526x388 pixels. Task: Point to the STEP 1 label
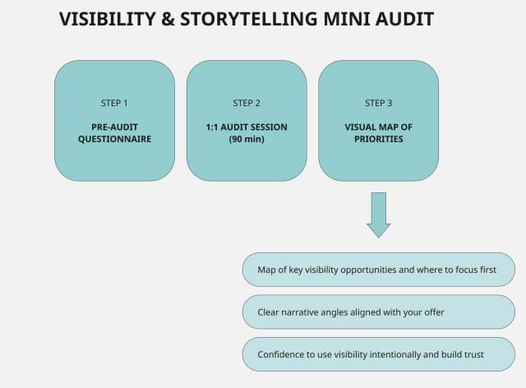(114, 103)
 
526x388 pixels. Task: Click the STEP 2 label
(247, 103)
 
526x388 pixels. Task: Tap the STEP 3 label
(378, 103)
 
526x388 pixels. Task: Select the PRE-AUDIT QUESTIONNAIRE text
(114, 133)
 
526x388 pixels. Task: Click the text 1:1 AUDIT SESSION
(247, 127)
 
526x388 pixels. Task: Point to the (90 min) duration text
(247, 139)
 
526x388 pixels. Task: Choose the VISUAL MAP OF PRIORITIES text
(378, 133)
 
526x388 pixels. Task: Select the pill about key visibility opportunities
(378, 269)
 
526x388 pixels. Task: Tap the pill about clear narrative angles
(378, 312)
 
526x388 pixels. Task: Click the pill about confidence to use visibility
(378, 354)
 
